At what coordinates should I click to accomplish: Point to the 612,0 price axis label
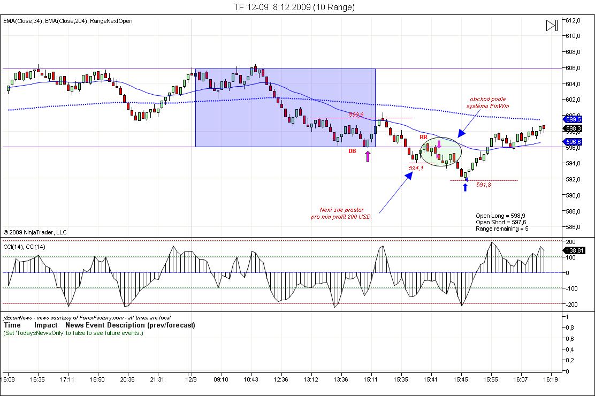point(573,20)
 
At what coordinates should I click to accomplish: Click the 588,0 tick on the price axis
point(573,211)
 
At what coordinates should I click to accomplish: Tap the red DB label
point(352,151)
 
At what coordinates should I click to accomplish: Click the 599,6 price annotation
point(356,115)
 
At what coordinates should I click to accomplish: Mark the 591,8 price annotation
point(484,185)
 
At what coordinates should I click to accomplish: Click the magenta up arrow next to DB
point(368,156)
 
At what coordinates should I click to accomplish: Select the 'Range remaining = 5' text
point(502,229)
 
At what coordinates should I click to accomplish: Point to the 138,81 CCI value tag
point(574,250)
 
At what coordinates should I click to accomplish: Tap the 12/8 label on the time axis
point(191,379)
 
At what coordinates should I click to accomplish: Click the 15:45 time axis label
point(461,379)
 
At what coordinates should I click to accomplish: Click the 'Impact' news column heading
point(46,325)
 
